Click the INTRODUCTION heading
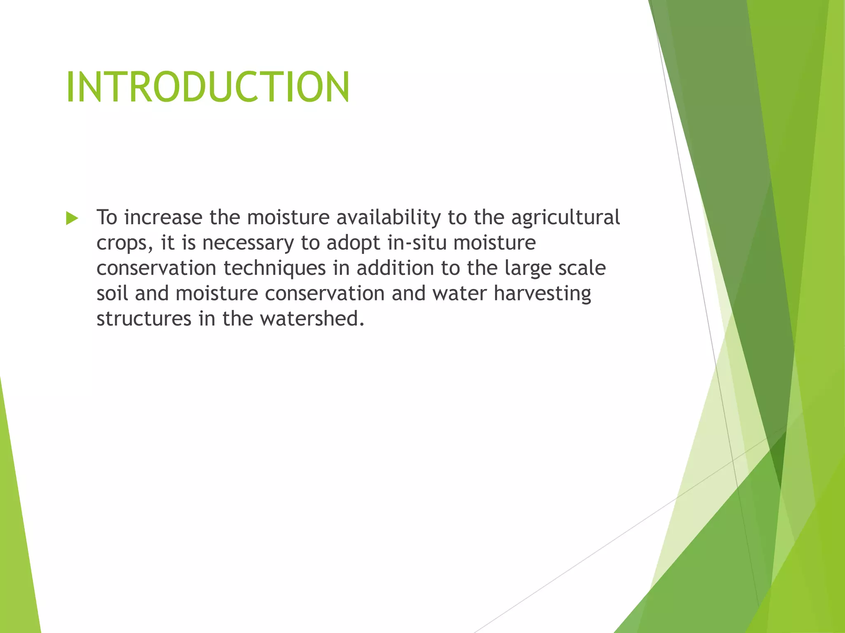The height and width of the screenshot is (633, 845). coord(208,87)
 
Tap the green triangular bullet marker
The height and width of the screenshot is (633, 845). coord(72,218)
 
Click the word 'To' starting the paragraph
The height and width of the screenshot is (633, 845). coord(106,217)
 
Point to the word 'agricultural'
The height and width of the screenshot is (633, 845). coord(565,218)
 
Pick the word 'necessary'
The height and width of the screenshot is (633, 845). coord(248,243)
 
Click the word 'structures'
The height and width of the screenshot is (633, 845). coord(144,319)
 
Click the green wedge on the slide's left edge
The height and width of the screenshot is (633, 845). coord(19,536)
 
